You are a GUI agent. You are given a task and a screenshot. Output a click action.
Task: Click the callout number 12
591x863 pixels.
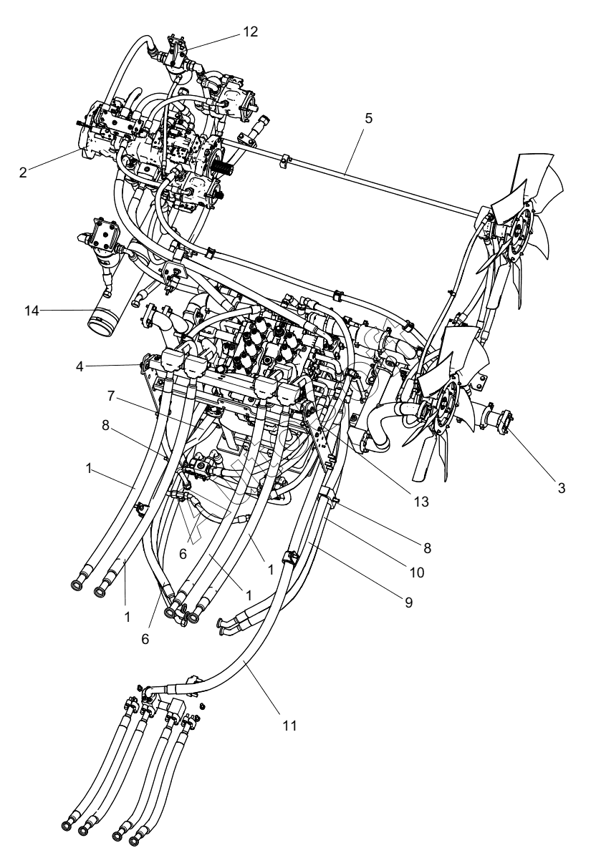pyautogui.click(x=250, y=31)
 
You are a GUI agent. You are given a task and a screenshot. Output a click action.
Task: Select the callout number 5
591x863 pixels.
pyautogui.click(x=369, y=119)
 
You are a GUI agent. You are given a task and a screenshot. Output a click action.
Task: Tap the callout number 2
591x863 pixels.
pyautogui.click(x=23, y=172)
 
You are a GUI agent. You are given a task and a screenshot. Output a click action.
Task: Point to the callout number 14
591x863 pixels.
pyautogui.click(x=32, y=311)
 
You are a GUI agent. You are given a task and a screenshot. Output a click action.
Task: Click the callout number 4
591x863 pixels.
pyautogui.click(x=80, y=367)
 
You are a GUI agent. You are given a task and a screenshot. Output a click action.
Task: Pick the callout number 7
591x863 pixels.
pyautogui.click(x=112, y=396)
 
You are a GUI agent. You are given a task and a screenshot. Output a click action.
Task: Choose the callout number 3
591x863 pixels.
pyautogui.click(x=562, y=488)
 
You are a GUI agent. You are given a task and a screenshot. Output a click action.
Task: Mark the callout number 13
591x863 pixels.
pyautogui.click(x=421, y=502)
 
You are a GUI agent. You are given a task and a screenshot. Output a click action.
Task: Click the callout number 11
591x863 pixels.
pyautogui.click(x=289, y=726)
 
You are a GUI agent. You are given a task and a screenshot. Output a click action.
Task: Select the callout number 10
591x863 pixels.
pyautogui.click(x=417, y=573)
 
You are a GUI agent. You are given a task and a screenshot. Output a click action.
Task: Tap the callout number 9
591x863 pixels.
pyautogui.click(x=409, y=603)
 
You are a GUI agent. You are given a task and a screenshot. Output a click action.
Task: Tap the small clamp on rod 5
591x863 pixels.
pyautogui.click(x=286, y=160)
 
